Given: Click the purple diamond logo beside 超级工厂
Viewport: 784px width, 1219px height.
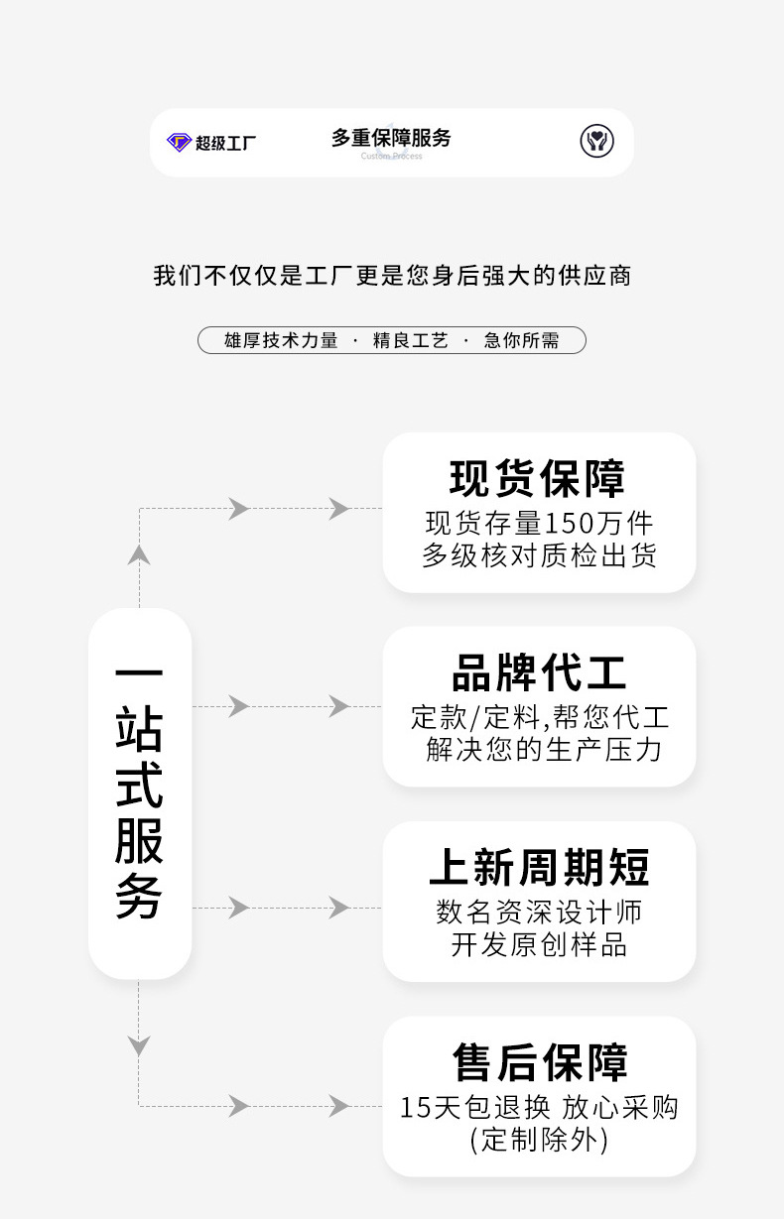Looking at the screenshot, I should click(x=179, y=142).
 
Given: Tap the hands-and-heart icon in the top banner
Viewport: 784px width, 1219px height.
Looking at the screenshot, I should click(x=596, y=141).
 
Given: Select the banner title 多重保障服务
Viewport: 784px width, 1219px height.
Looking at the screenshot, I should click(x=391, y=138).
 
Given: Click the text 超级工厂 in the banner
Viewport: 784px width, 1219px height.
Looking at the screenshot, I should click(x=226, y=143).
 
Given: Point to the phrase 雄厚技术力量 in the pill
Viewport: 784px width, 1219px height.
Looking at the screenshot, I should click(x=281, y=341).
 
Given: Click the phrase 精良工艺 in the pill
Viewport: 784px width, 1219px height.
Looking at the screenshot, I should click(x=410, y=341).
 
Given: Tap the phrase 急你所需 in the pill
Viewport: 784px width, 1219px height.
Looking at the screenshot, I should click(x=521, y=341).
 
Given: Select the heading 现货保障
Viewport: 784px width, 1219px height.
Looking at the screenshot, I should click(x=538, y=478).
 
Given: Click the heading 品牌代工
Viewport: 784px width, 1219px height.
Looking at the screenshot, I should click(x=539, y=673).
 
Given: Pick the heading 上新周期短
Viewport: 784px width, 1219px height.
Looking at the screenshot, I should click(x=539, y=868).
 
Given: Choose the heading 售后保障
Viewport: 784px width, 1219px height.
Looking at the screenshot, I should click(x=540, y=1062).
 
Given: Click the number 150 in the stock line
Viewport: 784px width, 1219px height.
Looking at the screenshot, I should click(x=568, y=522).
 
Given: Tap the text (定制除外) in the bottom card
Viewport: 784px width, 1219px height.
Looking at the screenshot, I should click(x=539, y=1140).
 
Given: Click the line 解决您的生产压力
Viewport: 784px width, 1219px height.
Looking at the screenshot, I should click(x=544, y=749).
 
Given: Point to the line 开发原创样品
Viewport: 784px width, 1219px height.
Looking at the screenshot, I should click(x=539, y=944).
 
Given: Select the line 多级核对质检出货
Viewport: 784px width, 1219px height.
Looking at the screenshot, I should click(x=539, y=555).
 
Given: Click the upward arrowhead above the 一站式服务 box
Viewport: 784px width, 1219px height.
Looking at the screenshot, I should click(x=139, y=554).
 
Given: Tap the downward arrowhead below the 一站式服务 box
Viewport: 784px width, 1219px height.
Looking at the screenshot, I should click(x=139, y=1045).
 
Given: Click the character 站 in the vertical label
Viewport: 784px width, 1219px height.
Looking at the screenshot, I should click(x=139, y=728).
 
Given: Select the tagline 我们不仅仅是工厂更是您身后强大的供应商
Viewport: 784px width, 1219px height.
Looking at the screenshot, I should click(x=392, y=275).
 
